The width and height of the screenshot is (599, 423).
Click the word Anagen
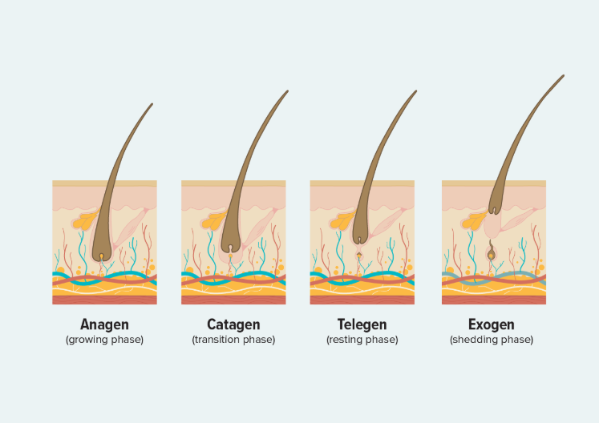(x=104, y=324)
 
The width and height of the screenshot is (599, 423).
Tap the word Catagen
(x=233, y=324)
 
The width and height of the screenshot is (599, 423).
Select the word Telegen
(x=362, y=324)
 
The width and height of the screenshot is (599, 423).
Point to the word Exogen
(x=492, y=324)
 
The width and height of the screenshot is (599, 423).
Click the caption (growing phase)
(x=104, y=340)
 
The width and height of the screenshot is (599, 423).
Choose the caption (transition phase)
(x=233, y=340)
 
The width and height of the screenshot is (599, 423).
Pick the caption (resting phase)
(x=362, y=340)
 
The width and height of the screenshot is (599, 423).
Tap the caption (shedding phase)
(x=492, y=340)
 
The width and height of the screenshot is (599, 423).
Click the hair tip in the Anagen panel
(x=152, y=104)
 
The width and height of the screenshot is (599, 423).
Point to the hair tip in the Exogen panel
(x=563, y=76)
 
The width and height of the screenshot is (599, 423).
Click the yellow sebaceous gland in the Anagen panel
(x=85, y=220)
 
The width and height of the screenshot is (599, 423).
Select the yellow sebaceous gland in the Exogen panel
(x=474, y=221)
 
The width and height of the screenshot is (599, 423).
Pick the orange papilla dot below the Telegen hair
(x=359, y=255)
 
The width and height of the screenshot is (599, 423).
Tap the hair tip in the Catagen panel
(x=287, y=91)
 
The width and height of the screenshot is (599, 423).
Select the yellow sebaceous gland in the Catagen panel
(x=213, y=221)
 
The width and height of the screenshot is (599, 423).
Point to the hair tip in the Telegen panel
(x=415, y=91)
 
